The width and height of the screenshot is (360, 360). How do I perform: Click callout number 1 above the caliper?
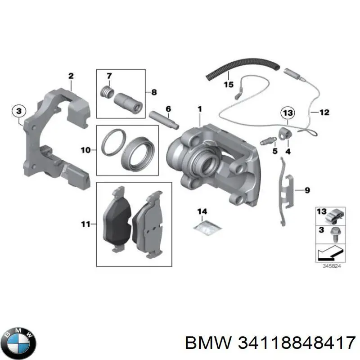[x=200, y=109]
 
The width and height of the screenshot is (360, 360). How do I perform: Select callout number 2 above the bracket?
[x=71, y=76]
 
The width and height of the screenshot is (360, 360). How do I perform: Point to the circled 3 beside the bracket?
[x=18, y=110]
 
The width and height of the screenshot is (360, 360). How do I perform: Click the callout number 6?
[x=168, y=109]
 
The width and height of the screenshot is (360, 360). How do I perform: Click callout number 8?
[x=154, y=93]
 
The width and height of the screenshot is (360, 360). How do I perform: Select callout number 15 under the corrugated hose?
[x=228, y=84]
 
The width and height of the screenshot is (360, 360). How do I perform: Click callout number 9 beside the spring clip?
[x=307, y=191]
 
